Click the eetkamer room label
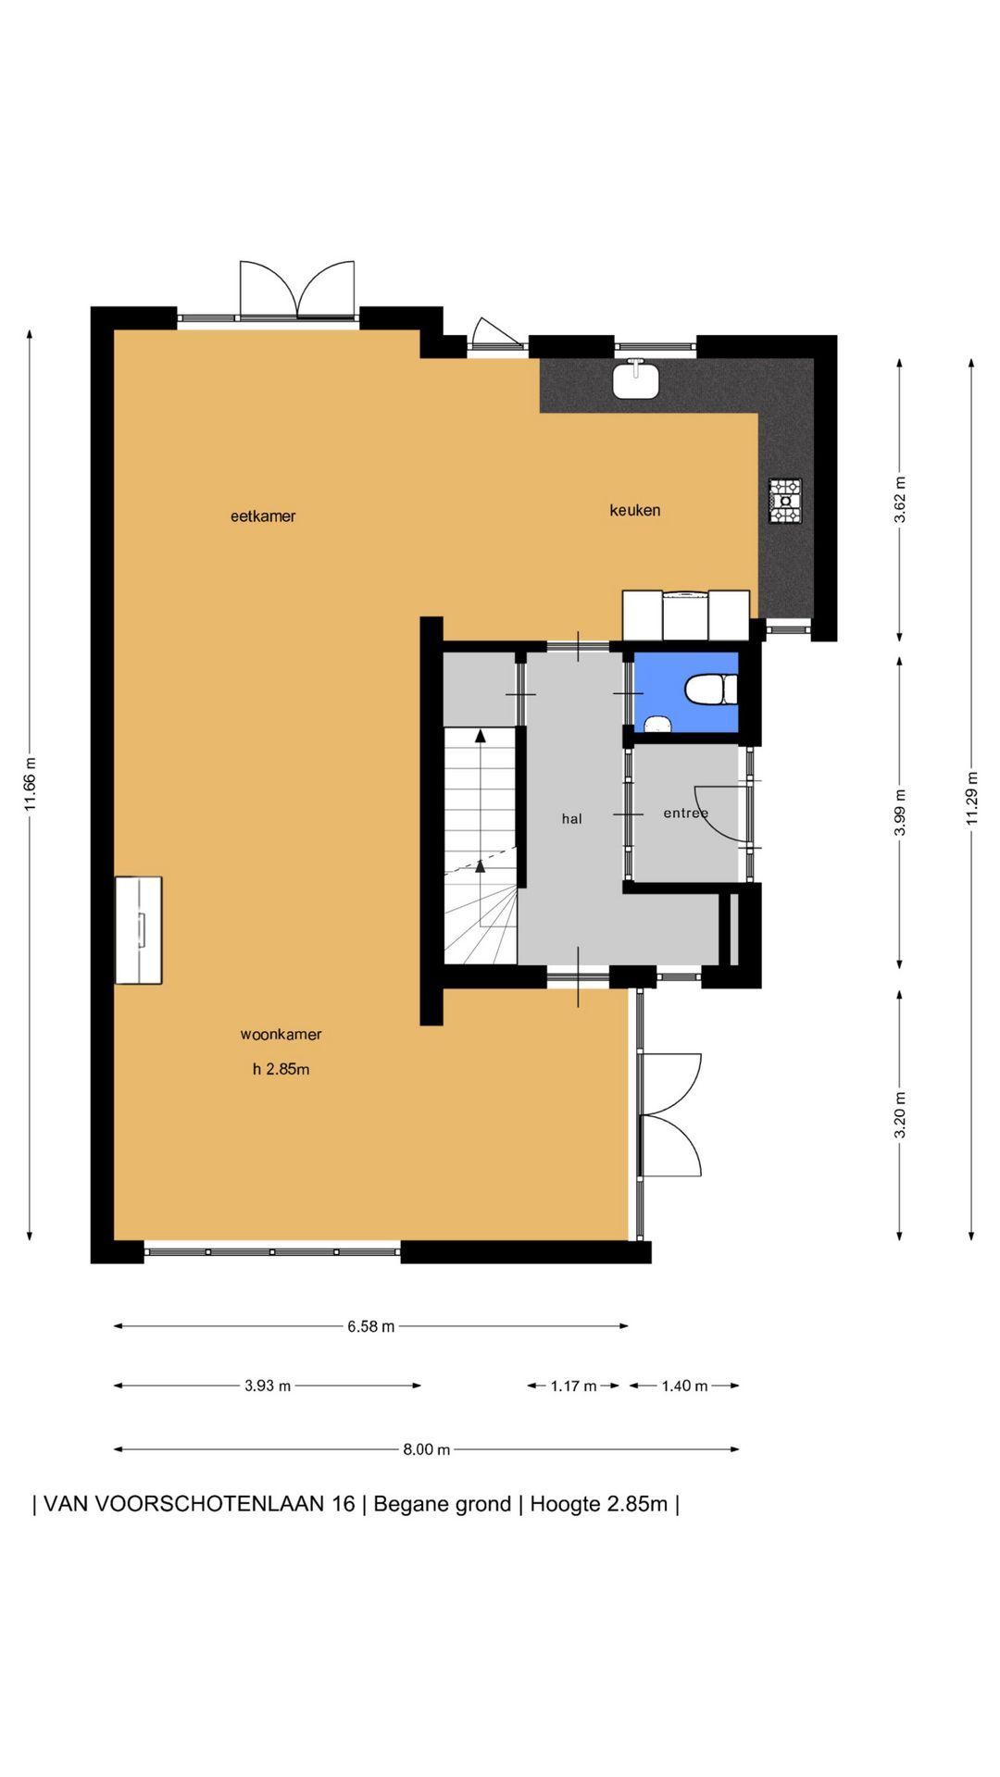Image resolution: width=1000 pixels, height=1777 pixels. pos(263,516)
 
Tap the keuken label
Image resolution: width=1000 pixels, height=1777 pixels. pos(635,510)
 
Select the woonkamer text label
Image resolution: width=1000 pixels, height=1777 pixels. pos(281,1035)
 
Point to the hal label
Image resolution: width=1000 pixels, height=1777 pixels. pos(572,819)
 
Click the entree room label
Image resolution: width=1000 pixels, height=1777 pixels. pos(686,814)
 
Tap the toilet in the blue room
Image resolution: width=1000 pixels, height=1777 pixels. pos(711,690)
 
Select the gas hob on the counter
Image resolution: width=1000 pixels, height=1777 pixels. pos(785,502)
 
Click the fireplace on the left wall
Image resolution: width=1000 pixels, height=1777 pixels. pos(138,930)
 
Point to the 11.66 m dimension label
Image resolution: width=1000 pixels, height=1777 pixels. pos(31,785)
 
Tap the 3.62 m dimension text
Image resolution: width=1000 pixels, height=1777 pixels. pos(900,500)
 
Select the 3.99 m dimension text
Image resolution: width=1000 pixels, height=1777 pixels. pos(900,812)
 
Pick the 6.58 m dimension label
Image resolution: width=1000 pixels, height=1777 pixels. pos(371,1326)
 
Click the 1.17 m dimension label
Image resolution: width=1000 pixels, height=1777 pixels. pos(574,1386)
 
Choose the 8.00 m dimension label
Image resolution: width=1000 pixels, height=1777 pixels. pos(427,1449)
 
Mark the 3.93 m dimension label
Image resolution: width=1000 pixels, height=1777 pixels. pos(268,1386)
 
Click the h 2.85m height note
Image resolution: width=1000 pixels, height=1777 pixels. pos(281,1070)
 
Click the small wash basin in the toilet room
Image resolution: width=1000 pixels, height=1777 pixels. pos(658,725)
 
